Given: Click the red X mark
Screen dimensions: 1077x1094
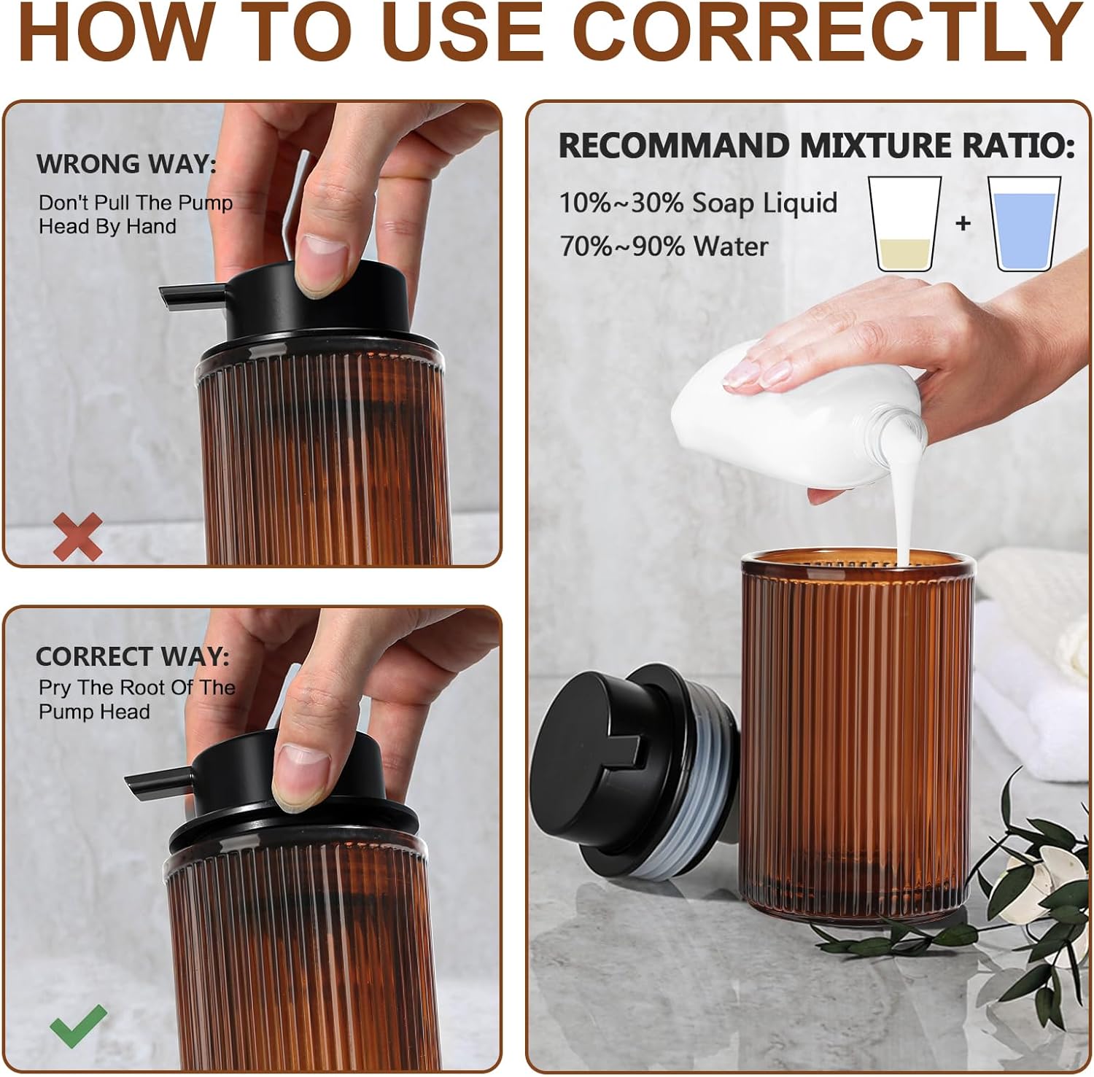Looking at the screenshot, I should (x=78, y=537).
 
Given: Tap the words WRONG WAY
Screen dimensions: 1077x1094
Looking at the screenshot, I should (x=126, y=164).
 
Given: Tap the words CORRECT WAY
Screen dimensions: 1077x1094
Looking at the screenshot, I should (x=132, y=656).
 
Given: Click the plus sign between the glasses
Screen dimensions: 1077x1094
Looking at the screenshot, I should (x=963, y=222).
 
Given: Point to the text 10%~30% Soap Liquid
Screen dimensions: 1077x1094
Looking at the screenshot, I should (x=698, y=203).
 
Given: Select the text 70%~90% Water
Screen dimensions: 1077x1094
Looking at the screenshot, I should (x=664, y=246).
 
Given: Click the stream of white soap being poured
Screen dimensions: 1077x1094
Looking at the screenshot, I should (x=904, y=510).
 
